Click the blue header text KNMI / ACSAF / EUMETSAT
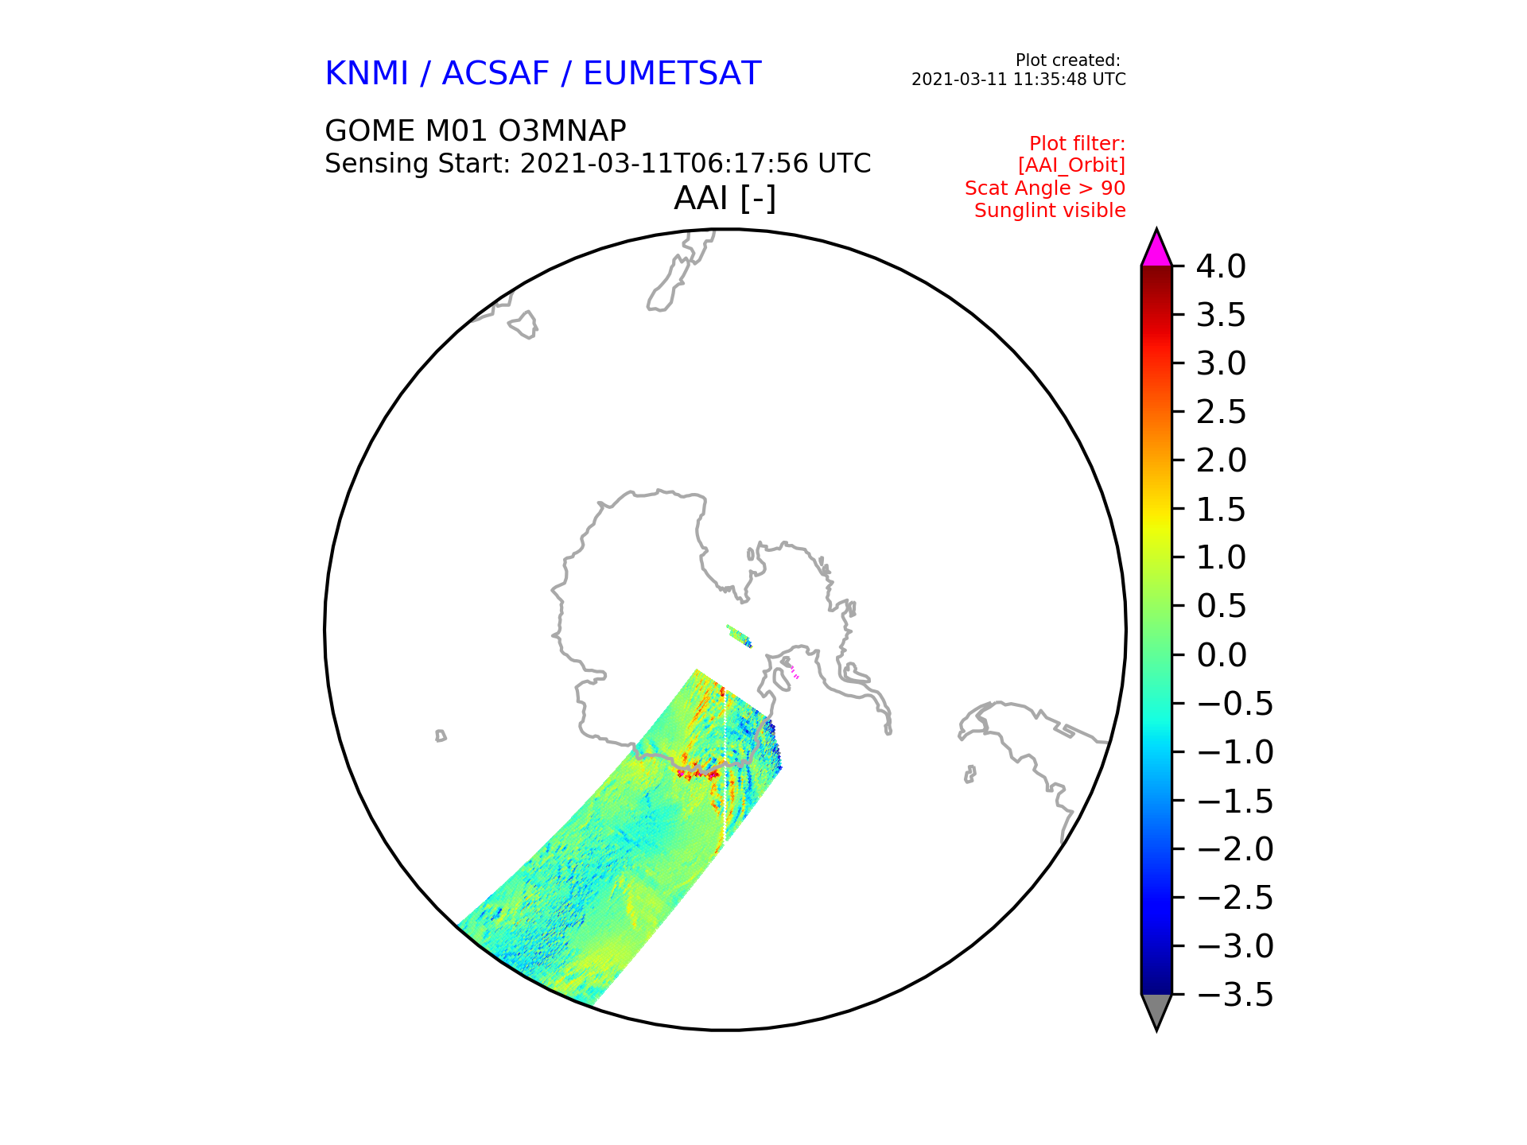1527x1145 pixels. (x=543, y=74)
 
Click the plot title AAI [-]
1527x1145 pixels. (x=725, y=198)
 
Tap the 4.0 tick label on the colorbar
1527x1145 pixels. (x=1221, y=266)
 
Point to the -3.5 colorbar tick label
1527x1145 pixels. (x=1235, y=995)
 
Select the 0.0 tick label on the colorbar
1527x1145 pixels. (x=1221, y=655)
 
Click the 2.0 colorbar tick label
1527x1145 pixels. (x=1221, y=460)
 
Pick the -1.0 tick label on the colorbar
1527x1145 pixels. (x=1235, y=752)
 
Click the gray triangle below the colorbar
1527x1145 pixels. (x=1156, y=1011)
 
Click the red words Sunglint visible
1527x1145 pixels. (x=1050, y=211)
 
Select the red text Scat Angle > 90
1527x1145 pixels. (x=1045, y=188)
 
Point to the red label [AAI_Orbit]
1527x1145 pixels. (x=1071, y=165)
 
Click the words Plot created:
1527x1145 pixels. (x=1068, y=60)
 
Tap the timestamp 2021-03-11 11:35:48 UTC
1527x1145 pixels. (x=1019, y=80)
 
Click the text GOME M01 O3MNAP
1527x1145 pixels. (x=476, y=130)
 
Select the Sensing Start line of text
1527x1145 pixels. (x=598, y=164)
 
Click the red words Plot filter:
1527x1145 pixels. (x=1078, y=144)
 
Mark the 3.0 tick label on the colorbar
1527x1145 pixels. (x=1221, y=363)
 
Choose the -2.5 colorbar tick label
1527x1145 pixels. (x=1235, y=898)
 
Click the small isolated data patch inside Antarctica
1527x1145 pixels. (x=740, y=636)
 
